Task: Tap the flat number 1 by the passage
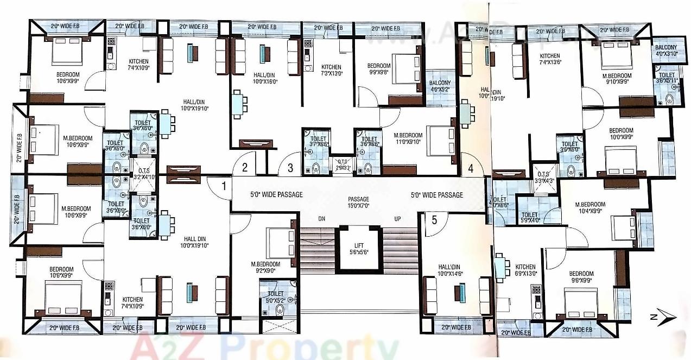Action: (223, 186)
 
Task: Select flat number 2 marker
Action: (245, 168)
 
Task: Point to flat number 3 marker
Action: (290, 168)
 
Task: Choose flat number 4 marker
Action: (471, 168)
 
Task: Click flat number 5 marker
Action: (434, 220)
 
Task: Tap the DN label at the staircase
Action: (321, 218)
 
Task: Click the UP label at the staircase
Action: (397, 218)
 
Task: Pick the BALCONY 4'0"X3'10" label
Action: (665, 51)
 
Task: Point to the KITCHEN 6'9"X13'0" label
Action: (525, 270)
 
